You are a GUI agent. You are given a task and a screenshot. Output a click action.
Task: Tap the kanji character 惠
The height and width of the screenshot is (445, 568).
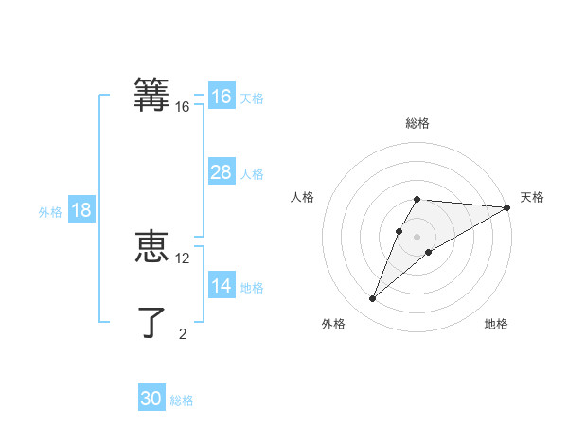click(151, 247)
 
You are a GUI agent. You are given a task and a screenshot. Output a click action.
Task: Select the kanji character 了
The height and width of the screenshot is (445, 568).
click(151, 322)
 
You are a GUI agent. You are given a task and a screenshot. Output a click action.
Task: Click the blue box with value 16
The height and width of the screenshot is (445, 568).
click(222, 97)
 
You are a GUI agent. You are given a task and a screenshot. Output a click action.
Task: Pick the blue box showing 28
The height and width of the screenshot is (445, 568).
click(222, 172)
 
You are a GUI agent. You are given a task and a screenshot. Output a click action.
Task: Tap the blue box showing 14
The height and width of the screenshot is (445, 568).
click(222, 286)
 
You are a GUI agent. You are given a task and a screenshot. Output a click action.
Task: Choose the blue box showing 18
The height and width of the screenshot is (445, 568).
click(81, 210)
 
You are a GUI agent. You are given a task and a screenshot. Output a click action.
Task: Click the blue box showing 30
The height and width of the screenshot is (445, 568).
click(151, 399)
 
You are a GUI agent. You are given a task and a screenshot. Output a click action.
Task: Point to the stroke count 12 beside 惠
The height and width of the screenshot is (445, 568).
click(183, 258)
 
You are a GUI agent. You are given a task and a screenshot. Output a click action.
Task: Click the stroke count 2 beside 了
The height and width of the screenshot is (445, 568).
click(183, 333)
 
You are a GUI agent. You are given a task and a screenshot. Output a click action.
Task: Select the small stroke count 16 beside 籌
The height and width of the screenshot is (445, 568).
click(183, 107)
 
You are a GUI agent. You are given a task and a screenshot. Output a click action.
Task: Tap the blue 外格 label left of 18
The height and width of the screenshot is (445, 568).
click(50, 212)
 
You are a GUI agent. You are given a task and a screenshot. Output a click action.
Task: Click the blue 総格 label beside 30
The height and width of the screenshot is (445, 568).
click(182, 400)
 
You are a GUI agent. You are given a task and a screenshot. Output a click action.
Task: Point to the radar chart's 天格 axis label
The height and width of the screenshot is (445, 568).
click(532, 197)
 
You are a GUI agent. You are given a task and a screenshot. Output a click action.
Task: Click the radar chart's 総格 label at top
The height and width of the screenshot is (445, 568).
click(417, 123)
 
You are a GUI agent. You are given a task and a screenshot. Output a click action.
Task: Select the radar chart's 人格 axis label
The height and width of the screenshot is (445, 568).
click(303, 197)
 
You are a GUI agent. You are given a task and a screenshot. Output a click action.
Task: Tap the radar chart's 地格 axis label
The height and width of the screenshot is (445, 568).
click(496, 324)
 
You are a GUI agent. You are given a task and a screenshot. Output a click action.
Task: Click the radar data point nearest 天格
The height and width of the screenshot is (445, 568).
click(506, 207)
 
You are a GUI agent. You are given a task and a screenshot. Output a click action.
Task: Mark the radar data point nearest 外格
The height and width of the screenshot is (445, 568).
click(373, 298)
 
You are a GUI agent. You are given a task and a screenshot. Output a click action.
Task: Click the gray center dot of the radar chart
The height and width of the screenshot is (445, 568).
click(417, 237)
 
